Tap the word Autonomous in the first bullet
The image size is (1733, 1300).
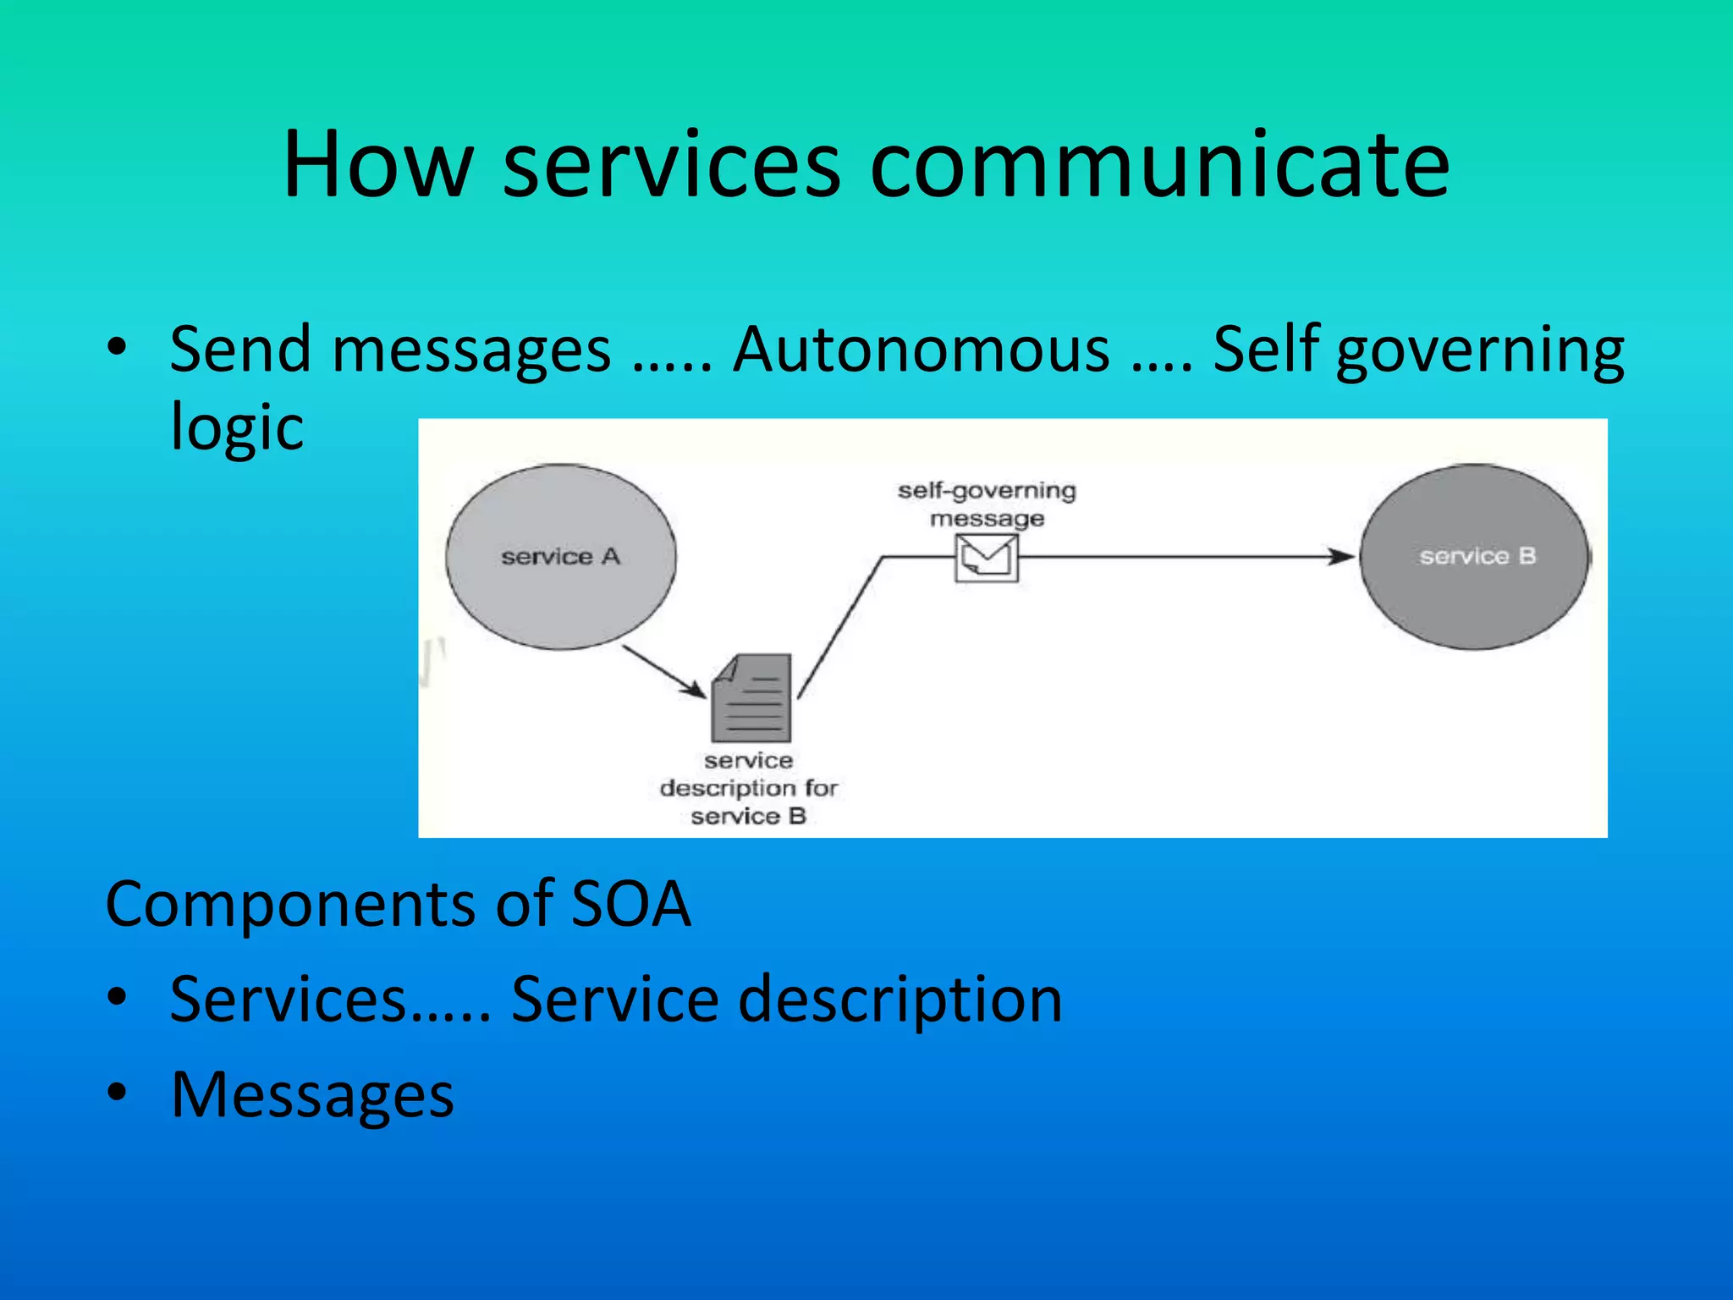921,350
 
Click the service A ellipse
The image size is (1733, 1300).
561,557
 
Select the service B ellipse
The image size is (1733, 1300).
1476,557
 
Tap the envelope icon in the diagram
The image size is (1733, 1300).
987,559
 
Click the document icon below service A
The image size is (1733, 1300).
752,698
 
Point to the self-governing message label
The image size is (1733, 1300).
987,504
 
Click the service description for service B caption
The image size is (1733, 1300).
749,788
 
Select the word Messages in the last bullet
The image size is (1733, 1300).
312,1095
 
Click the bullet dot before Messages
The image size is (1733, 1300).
117,1093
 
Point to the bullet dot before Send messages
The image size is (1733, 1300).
117,347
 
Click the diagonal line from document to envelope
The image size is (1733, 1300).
839,627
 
